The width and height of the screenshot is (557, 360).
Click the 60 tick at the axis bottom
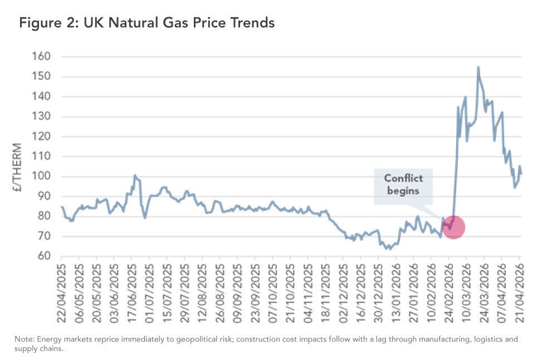point(45,256)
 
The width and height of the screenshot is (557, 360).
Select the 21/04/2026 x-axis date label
point(520,291)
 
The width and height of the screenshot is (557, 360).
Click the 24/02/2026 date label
point(449,291)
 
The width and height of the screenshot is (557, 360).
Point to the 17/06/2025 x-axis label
point(132,291)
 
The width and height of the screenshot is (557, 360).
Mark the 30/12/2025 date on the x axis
point(379,291)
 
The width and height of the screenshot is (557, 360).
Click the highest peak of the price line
point(478,67)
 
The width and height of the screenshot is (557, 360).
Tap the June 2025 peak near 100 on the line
point(134,176)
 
